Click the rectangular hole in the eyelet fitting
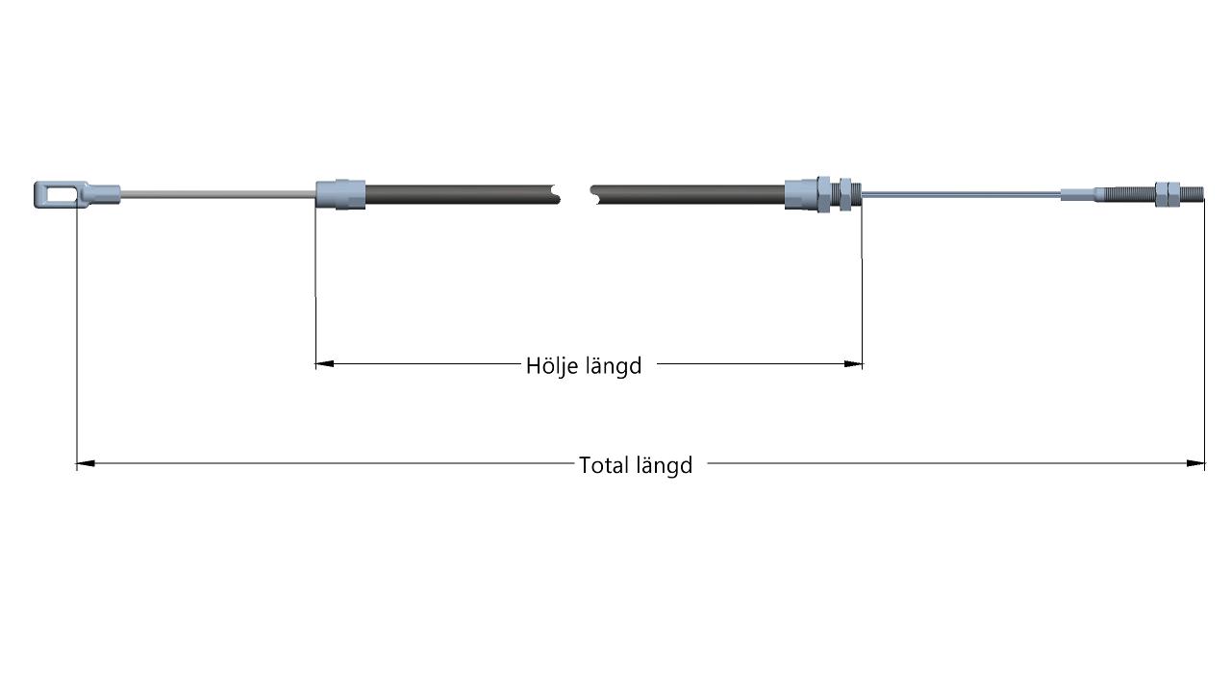coord(60,194)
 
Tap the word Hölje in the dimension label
coord(551,366)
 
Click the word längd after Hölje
coord(615,366)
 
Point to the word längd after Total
coord(665,466)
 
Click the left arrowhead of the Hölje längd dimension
coord(325,363)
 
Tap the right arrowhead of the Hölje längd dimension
coord(853,363)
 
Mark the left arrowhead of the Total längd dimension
coord(86,463)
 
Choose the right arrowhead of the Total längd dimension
coord(1195,463)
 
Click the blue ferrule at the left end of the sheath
coord(340,194)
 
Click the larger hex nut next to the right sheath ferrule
coord(823,194)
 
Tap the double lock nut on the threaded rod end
coord(1168,194)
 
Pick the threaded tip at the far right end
coord(1192,194)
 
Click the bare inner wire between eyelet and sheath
coord(218,194)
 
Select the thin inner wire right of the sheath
coord(961,194)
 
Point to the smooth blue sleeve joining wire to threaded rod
coord(1078,194)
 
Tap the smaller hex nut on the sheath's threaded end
coord(845,194)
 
